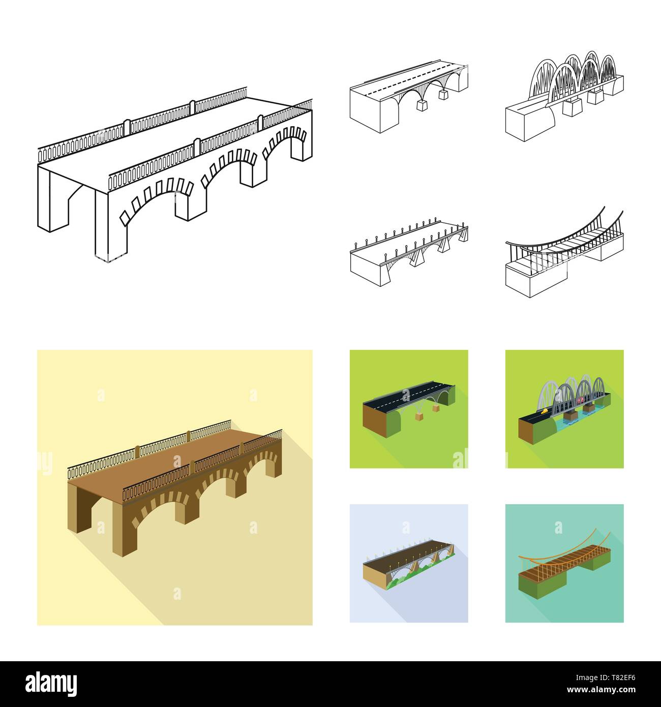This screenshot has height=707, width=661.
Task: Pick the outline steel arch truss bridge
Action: [564, 94]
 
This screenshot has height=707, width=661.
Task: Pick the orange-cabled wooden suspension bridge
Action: [564, 565]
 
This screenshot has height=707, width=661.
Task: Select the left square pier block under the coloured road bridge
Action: [419, 417]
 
